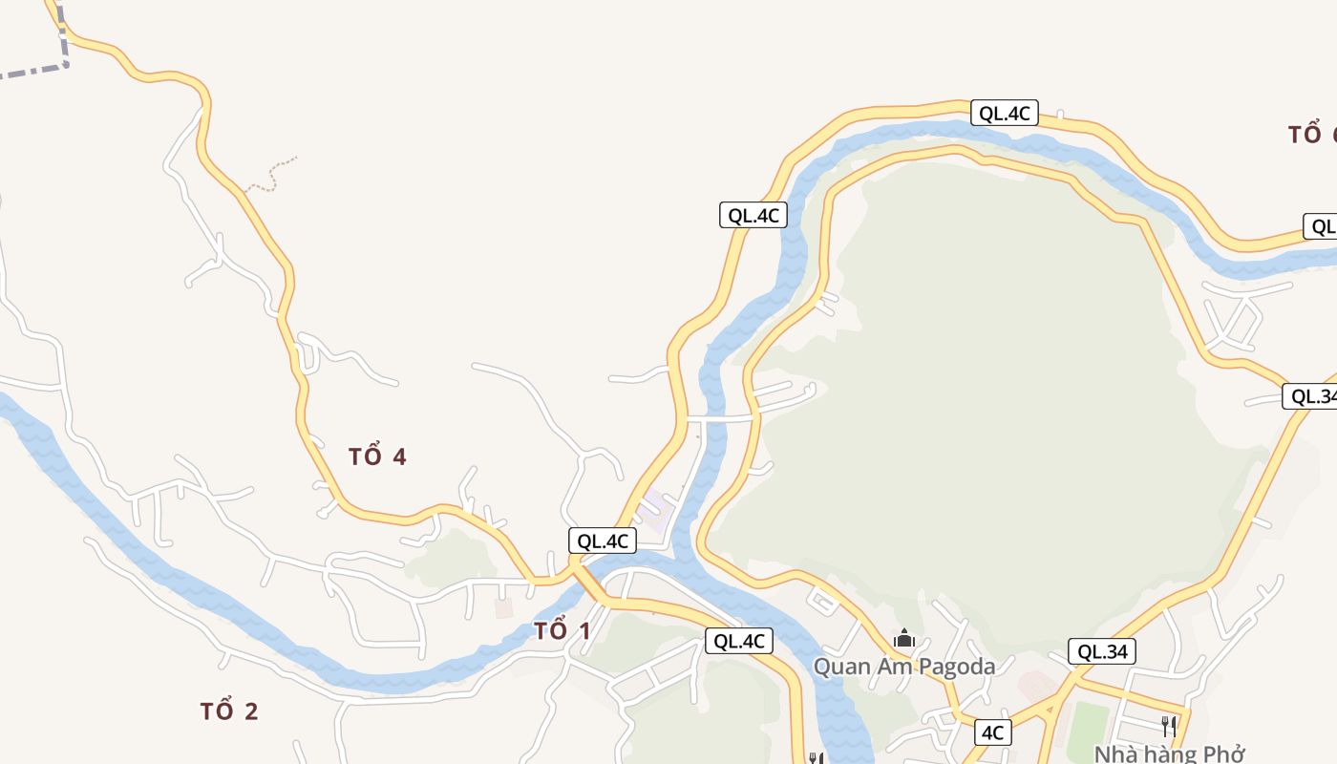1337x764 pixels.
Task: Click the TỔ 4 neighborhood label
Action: point(377,456)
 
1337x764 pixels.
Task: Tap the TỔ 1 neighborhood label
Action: point(562,631)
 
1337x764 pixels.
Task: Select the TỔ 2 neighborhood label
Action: point(229,711)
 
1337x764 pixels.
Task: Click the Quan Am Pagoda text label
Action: point(903,667)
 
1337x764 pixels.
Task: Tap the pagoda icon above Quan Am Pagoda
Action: point(903,638)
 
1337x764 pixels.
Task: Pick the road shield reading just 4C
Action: point(992,732)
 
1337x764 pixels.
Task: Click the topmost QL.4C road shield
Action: point(1004,113)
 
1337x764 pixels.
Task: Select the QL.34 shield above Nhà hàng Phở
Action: point(1102,652)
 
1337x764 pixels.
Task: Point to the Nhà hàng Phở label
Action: point(1169,753)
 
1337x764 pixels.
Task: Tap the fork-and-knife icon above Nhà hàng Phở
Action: point(1168,725)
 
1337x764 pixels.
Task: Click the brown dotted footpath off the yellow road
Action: point(273,175)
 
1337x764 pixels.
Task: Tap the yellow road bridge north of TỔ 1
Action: point(584,574)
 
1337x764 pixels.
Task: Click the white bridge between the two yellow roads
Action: point(720,418)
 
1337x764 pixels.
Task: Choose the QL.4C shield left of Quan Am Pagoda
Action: point(738,641)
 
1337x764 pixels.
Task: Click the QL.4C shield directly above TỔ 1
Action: point(602,541)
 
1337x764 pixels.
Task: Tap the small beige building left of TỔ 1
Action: point(503,607)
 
